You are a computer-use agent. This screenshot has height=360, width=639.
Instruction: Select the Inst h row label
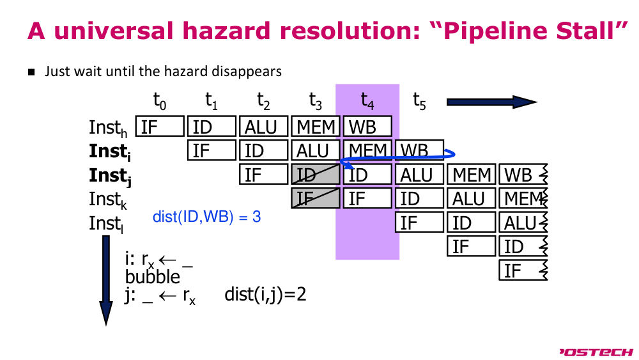108,128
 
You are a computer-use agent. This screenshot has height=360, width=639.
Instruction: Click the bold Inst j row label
110,176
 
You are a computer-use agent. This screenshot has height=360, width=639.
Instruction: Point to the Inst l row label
106,224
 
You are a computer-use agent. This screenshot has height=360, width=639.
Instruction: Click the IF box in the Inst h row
160,127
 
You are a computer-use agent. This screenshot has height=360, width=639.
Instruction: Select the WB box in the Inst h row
367,127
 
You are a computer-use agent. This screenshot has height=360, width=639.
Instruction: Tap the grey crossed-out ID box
316,174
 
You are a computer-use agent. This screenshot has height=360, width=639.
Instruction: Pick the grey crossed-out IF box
316,198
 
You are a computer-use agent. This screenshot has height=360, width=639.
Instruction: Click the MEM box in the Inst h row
316,127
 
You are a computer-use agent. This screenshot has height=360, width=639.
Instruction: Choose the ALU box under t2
264,127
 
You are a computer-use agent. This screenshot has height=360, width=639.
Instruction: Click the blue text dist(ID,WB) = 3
206,217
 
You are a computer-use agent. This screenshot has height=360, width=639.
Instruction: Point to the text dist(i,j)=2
265,294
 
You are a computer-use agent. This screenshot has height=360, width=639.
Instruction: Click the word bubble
153,277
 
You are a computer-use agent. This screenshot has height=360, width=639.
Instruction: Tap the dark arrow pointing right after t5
492,102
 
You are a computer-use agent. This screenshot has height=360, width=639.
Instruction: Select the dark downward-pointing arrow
106,281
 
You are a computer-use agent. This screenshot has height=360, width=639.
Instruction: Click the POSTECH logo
596,352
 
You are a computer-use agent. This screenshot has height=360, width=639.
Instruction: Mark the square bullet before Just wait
31,72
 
